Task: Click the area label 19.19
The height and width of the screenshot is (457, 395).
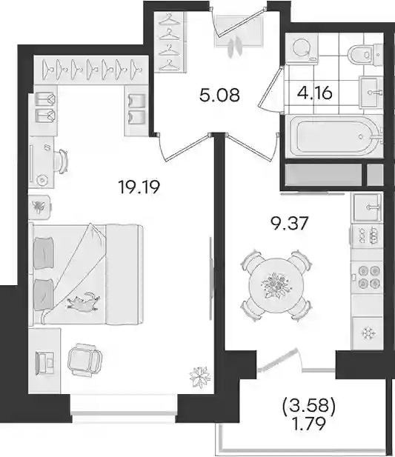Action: (x=139, y=187)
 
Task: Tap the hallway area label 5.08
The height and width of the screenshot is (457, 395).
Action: (x=219, y=95)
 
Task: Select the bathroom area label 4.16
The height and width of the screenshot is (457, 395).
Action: (x=315, y=93)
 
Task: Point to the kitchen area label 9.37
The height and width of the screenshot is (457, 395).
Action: (x=289, y=224)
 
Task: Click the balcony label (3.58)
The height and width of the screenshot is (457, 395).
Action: (x=309, y=406)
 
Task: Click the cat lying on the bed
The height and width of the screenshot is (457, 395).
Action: (x=84, y=301)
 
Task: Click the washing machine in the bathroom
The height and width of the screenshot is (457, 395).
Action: (x=302, y=47)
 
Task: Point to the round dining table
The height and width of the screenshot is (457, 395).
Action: (x=276, y=285)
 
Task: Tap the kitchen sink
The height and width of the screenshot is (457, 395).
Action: (x=368, y=207)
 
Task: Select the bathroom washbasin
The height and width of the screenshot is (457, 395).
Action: (x=371, y=93)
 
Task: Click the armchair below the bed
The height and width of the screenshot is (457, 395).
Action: (x=84, y=359)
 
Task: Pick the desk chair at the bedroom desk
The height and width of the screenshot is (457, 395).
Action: (x=62, y=161)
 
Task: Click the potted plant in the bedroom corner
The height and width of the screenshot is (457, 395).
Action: (x=199, y=378)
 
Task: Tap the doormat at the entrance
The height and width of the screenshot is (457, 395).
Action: (x=239, y=31)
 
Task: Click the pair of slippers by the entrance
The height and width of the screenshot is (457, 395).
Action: (x=236, y=47)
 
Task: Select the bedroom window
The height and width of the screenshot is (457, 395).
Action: (x=124, y=407)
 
